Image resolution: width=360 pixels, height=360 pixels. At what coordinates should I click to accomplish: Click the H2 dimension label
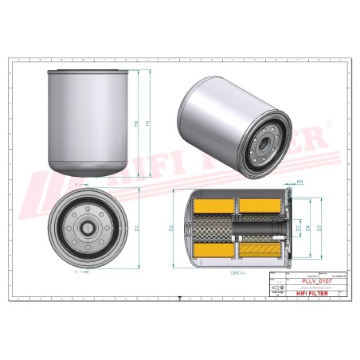[136, 124]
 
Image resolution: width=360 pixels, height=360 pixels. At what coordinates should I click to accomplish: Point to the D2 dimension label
[172, 229]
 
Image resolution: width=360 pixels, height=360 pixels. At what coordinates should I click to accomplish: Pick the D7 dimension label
[299, 229]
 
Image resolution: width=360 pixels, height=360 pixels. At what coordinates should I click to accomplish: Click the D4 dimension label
[307, 229]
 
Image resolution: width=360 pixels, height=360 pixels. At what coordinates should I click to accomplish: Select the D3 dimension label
[319, 229]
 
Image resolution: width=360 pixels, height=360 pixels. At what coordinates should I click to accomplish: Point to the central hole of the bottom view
[86, 228]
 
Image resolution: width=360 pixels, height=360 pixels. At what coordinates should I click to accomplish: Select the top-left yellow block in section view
[214, 206]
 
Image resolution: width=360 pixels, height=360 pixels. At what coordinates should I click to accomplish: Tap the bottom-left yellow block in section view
[214, 252]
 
